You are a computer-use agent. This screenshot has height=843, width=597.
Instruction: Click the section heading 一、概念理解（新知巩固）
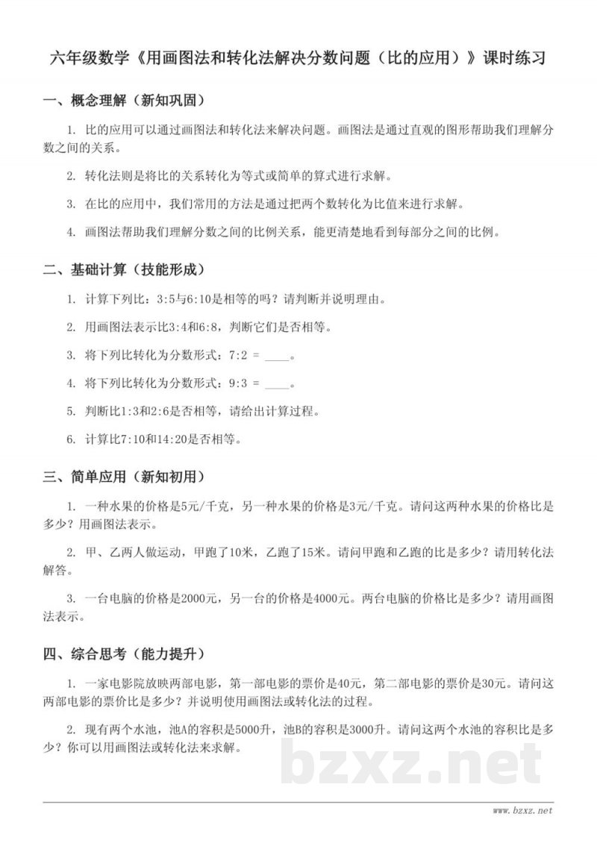point(124,100)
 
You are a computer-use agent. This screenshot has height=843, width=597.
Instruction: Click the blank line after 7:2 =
point(276,356)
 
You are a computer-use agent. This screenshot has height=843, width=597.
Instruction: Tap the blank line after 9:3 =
point(276,384)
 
